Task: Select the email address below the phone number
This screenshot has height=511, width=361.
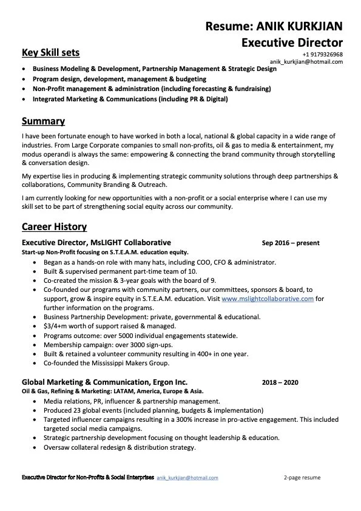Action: click(x=306, y=62)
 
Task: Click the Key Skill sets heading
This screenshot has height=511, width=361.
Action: click(x=50, y=52)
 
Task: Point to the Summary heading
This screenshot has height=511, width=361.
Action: click(x=43, y=121)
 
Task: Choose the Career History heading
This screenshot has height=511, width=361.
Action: click(x=54, y=227)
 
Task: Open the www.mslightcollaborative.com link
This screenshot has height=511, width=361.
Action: click(x=268, y=299)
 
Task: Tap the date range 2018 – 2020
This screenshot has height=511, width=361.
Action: click(x=280, y=383)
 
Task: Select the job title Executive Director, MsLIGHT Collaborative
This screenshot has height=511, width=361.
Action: click(x=96, y=243)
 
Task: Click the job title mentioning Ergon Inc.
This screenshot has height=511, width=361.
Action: click(x=104, y=382)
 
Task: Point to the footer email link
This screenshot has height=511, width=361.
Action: click(x=187, y=478)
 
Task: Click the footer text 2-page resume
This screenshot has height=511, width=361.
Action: click(x=302, y=478)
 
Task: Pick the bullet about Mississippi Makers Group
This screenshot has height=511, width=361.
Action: click(x=106, y=363)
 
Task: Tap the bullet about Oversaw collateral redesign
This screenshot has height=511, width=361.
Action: click(x=120, y=447)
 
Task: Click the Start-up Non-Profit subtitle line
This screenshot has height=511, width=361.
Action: click(x=105, y=252)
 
